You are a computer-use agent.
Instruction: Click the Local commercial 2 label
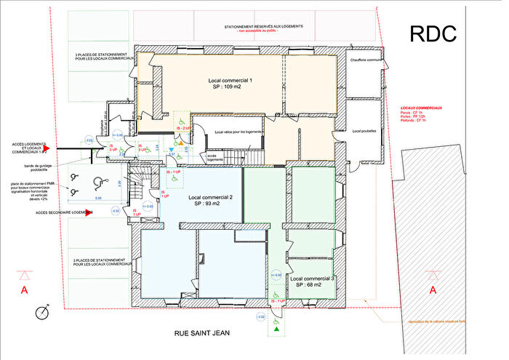click(210, 201)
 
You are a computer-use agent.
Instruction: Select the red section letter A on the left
click(25, 290)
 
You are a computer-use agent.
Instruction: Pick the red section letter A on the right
click(433, 290)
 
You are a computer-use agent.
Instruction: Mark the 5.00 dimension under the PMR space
click(96, 199)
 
